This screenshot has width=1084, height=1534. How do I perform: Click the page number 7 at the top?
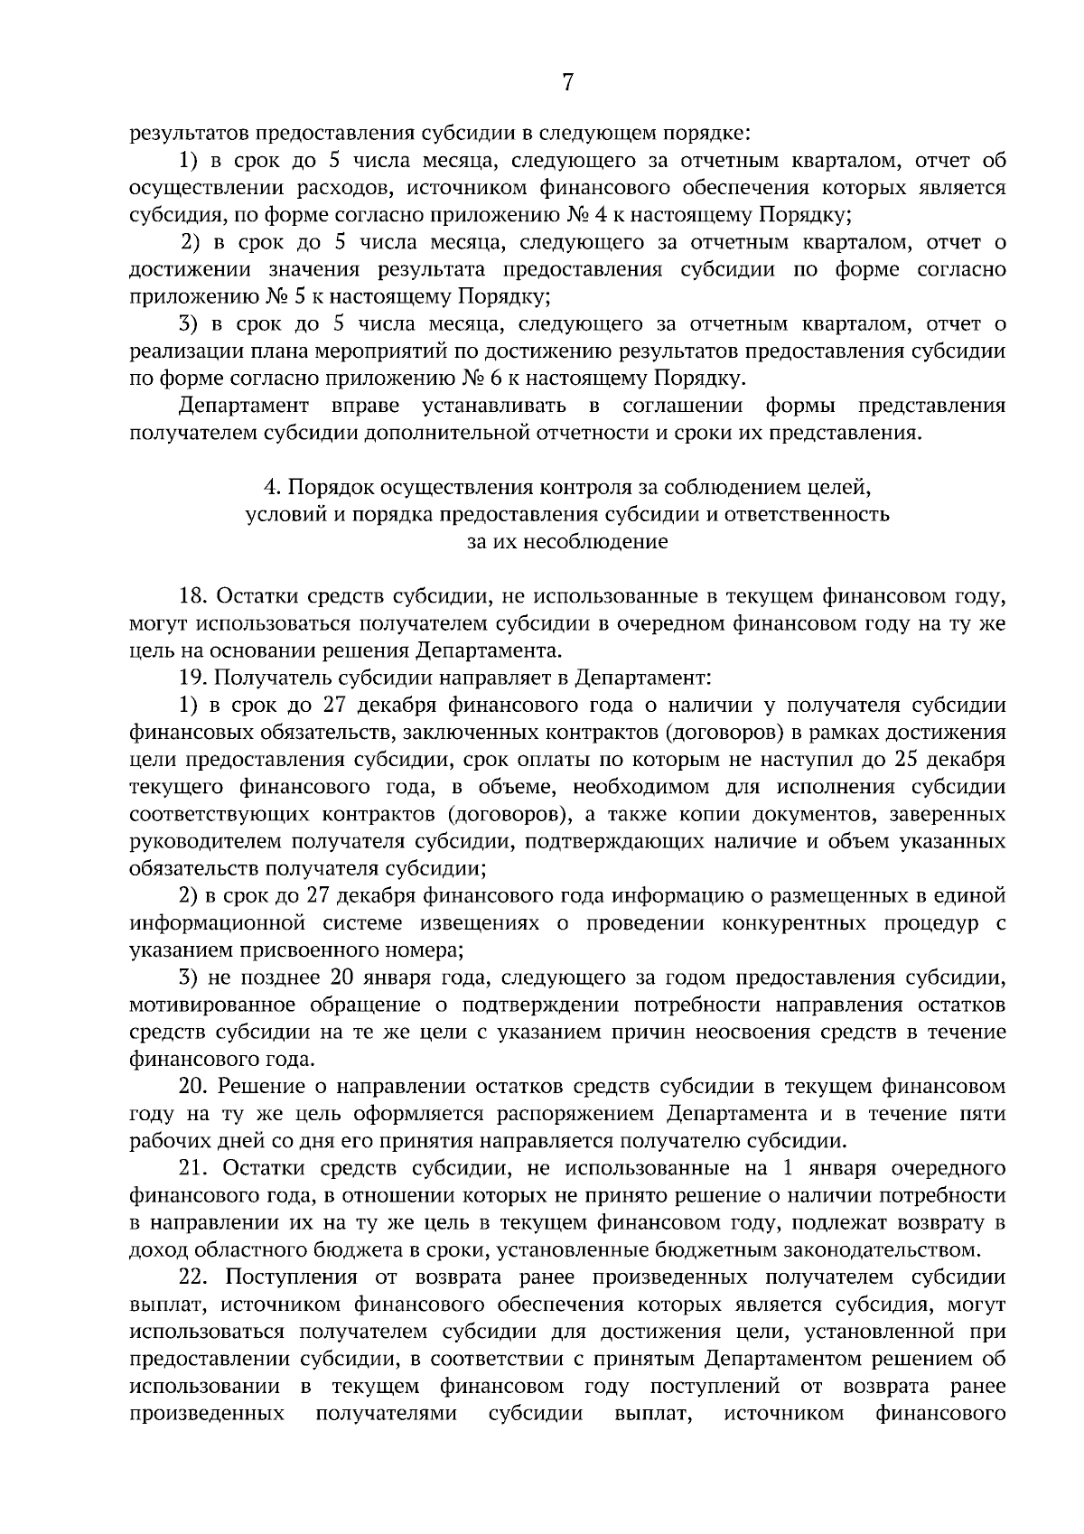tap(567, 83)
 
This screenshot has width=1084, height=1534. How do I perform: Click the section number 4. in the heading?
tap(270, 488)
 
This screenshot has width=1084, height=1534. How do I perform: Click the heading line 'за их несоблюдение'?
tap(567, 542)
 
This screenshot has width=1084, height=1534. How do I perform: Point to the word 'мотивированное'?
tap(213, 1005)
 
